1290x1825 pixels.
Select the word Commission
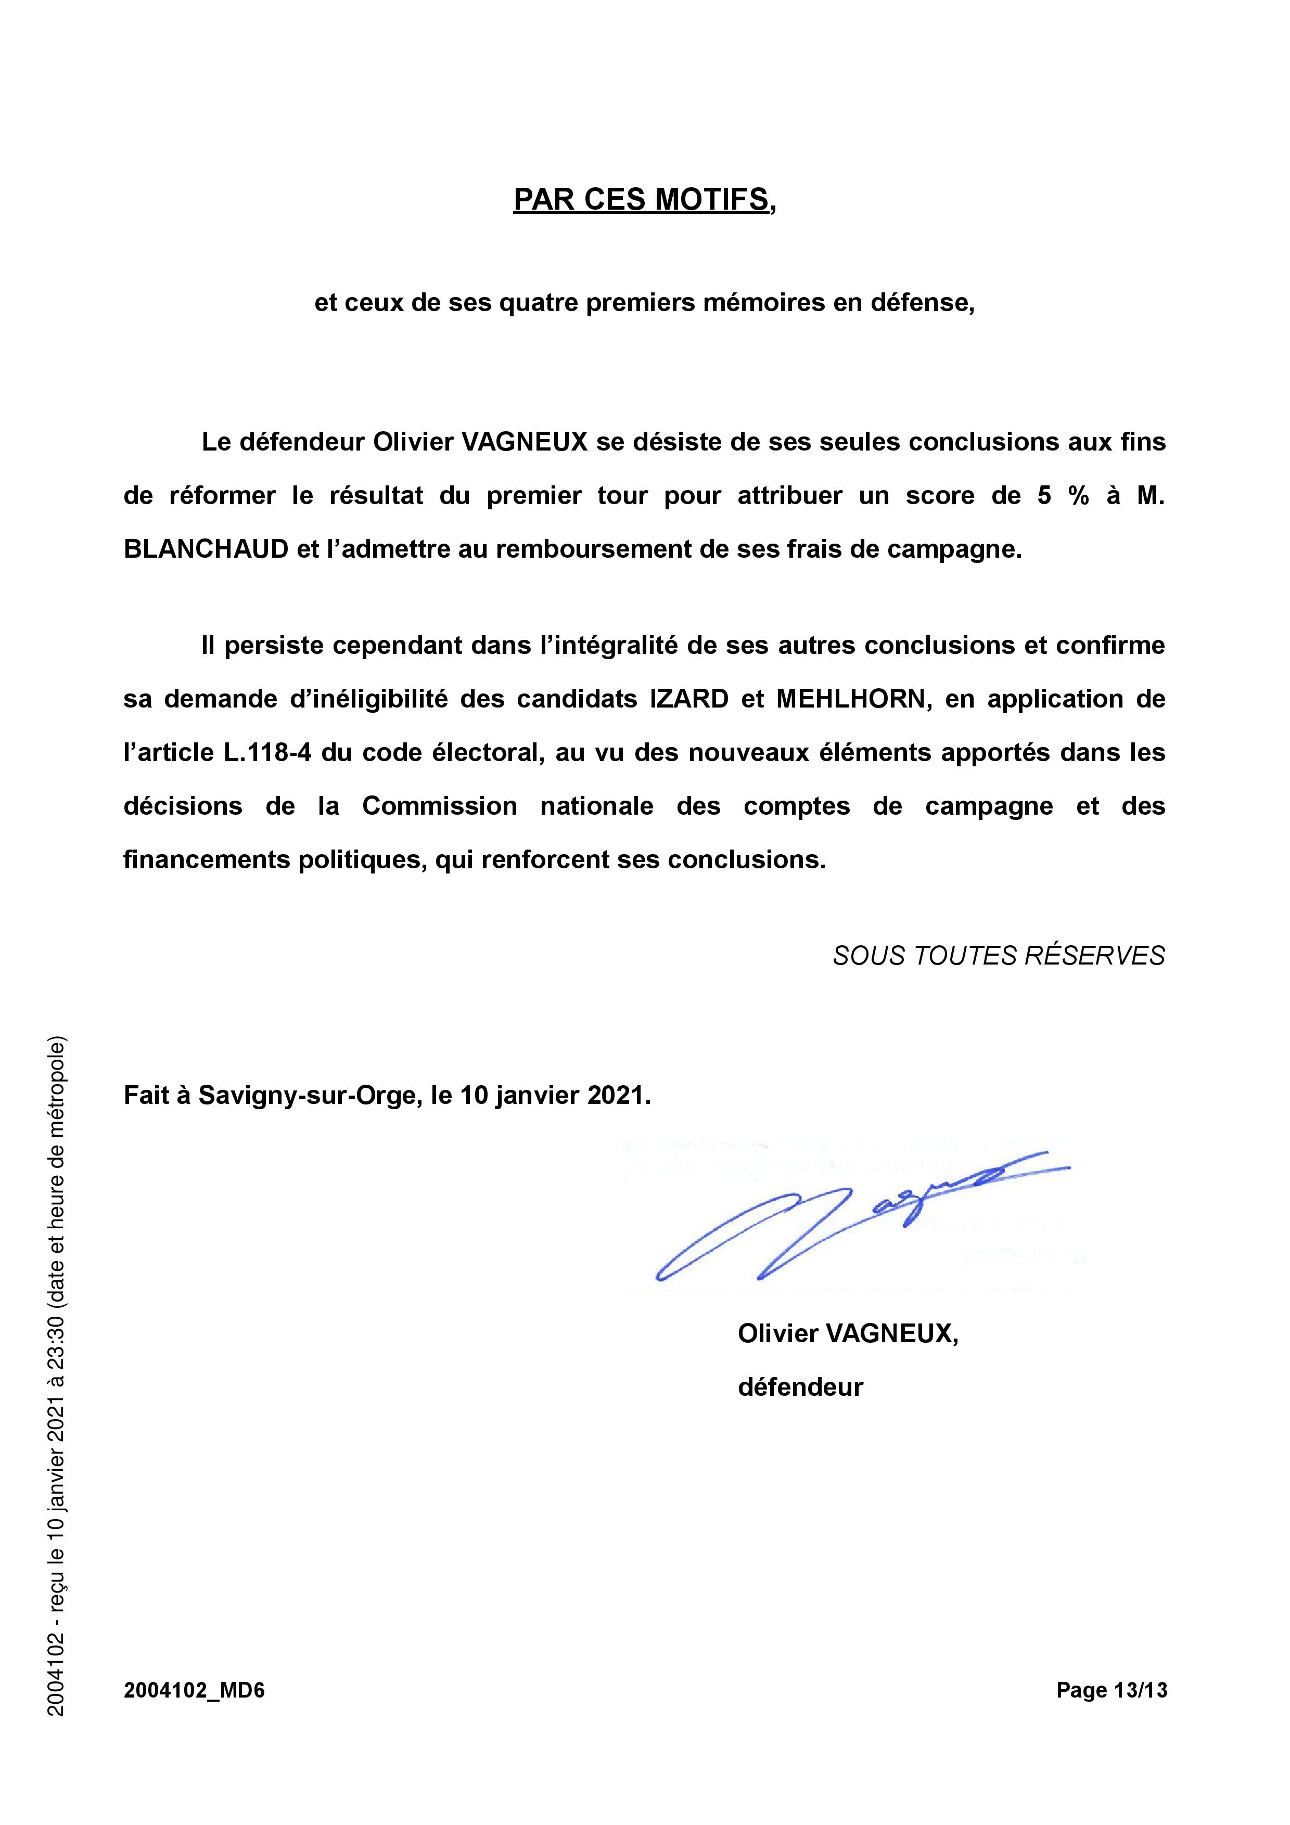[x=440, y=806]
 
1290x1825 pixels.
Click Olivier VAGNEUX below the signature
[x=847, y=1333]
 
